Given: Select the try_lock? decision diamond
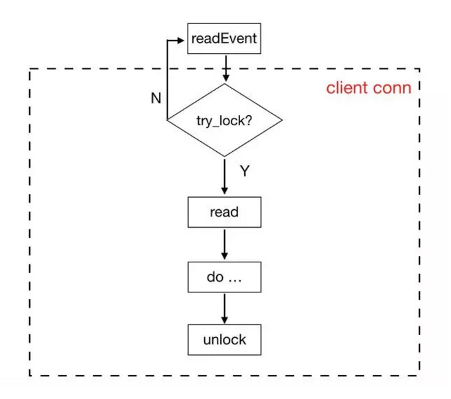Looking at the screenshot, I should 224,121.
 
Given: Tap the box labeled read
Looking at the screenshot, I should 224,213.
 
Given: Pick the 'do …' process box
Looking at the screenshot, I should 224,277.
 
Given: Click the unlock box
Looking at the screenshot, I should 224,340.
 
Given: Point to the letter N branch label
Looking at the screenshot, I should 156,99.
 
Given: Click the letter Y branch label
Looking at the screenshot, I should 244,171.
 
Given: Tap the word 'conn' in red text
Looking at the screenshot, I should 393,89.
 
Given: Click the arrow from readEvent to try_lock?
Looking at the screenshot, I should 225,68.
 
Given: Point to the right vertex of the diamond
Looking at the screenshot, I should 283,121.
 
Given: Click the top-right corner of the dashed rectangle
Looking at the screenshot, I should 420,68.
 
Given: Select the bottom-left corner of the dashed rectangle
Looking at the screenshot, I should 29,376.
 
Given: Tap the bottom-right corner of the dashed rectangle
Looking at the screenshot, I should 420,376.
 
